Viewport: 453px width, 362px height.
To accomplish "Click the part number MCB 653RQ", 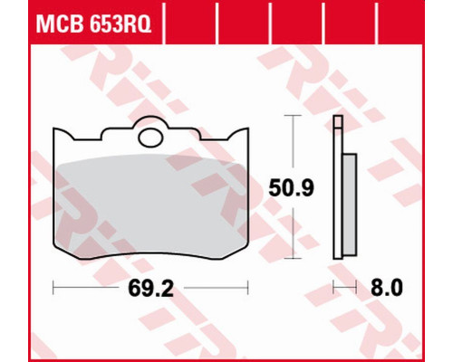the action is pos(93,24).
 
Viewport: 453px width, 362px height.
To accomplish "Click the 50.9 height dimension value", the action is pos(292,187).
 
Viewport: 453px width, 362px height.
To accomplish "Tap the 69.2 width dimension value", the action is pos(151,288).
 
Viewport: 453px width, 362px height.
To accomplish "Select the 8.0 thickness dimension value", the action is pos(387,288).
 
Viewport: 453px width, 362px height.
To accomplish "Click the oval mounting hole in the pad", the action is pos(150,138).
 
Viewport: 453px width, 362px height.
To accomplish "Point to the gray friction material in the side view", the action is pos(350,205).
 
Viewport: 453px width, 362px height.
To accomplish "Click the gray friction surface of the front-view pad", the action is pos(151,208).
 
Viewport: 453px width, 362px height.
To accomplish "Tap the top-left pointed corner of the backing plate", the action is pos(53,129).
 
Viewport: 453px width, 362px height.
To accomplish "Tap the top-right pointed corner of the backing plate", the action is pos(248,129).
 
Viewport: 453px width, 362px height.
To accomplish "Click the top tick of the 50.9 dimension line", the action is pos(293,116).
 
